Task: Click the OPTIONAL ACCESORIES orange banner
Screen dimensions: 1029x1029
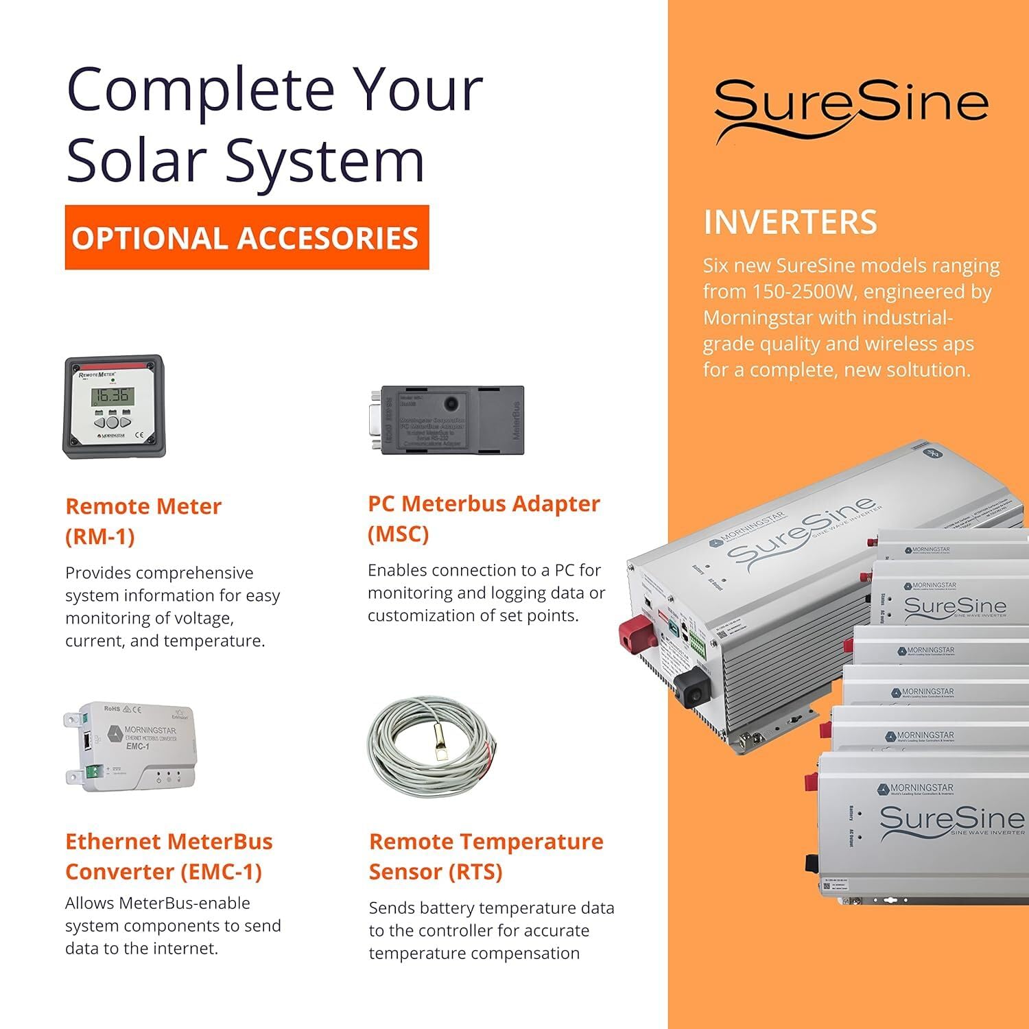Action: click(246, 237)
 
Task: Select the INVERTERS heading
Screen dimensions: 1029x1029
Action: click(790, 222)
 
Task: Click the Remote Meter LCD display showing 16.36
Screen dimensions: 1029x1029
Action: click(113, 396)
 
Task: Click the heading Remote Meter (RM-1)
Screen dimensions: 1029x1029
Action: click(143, 521)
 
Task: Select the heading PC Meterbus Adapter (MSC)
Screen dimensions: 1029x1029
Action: click(483, 518)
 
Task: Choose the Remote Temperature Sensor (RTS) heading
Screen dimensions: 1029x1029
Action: click(486, 856)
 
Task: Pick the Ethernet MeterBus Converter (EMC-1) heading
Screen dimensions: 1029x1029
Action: click(168, 856)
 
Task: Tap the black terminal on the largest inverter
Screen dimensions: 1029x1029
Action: click(691, 685)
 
